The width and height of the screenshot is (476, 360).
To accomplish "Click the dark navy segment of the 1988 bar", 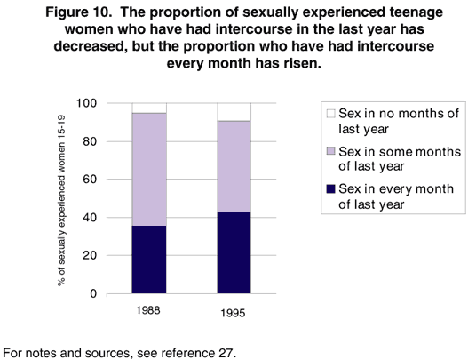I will [148, 260].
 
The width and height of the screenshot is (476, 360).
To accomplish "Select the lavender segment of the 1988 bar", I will [148, 170].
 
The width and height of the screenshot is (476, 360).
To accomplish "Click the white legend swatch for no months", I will [330, 114].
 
